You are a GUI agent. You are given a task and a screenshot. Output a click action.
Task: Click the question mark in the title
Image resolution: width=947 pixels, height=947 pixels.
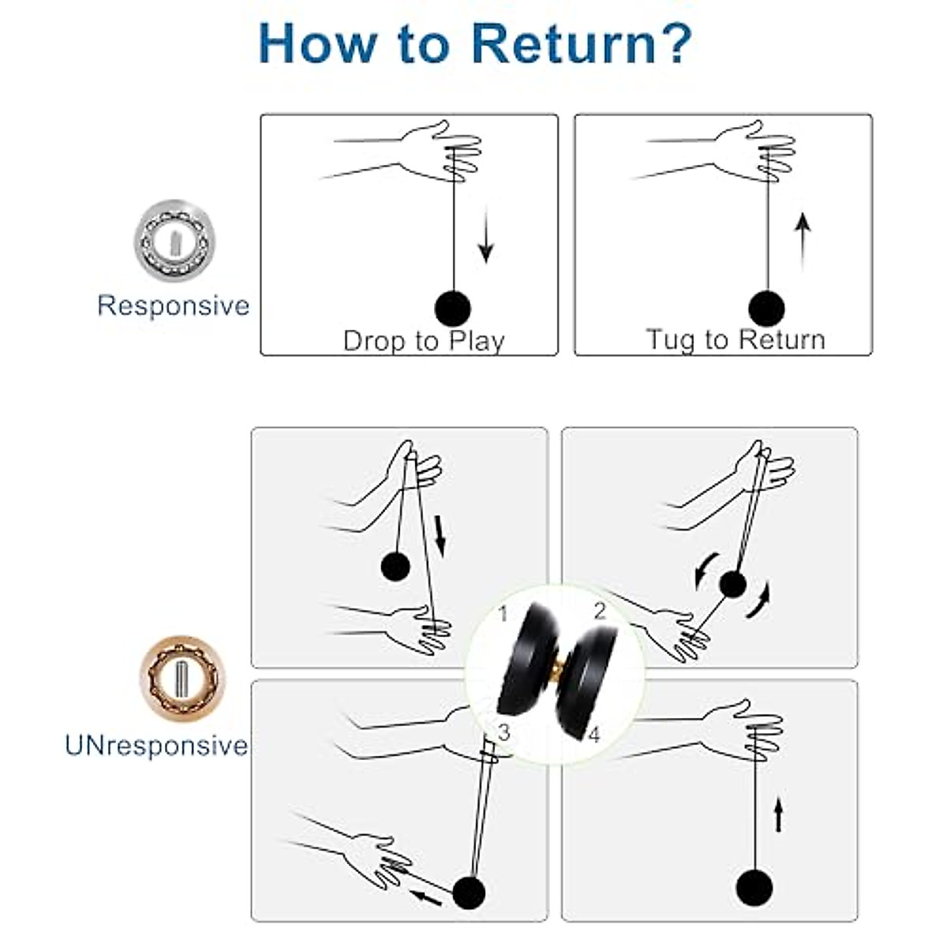coord(675,43)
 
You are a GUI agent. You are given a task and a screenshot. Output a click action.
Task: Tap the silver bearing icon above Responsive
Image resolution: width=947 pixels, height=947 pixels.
coord(174,241)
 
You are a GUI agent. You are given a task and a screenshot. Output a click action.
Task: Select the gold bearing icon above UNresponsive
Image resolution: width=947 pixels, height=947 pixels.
coord(182,679)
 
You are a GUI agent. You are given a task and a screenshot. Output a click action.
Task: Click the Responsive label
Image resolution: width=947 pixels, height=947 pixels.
coord(174,305)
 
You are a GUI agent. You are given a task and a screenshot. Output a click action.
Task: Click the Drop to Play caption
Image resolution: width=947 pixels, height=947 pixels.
coord(424,341)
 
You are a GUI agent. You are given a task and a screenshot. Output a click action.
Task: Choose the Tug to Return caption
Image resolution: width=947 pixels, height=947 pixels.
coord(736,340)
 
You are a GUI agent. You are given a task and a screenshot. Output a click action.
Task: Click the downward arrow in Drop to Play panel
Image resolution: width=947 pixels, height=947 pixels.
coord(485,235)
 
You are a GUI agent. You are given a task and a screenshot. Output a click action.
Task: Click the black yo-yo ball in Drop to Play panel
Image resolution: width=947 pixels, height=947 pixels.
coord(453,309)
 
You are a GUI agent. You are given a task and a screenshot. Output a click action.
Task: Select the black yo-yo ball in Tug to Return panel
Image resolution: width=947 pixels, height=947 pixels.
coord(766,309)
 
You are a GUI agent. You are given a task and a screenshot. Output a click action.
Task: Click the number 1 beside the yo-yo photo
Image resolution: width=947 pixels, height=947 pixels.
coord(502,614)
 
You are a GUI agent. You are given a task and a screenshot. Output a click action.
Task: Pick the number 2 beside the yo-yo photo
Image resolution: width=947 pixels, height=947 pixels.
coord(600,612)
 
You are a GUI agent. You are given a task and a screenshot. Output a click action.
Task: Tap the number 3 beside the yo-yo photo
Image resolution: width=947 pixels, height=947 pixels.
coord(503,732)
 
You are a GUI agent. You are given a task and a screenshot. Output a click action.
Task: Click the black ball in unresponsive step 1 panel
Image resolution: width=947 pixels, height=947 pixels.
coord(395,566)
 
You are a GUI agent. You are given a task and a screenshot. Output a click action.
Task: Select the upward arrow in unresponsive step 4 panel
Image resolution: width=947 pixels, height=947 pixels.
coord(778,814)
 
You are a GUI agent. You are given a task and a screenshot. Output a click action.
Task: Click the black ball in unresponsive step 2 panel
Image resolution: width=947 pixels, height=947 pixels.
coord(732,584)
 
